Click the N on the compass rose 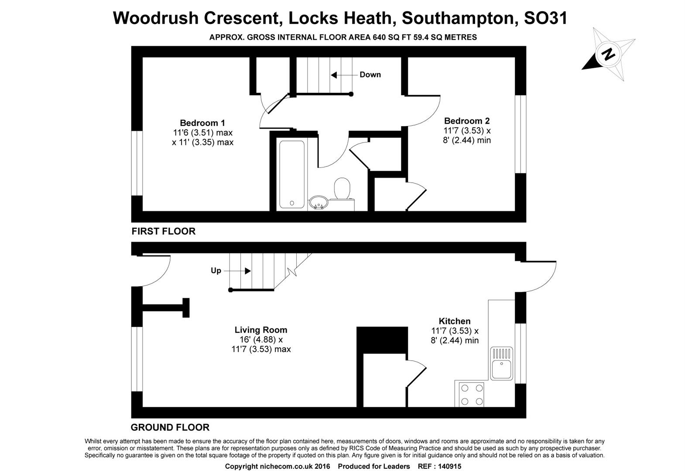(608, 55)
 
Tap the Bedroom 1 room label (202, 123)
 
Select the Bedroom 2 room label (467, 121)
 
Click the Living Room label (261, 330)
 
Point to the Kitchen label (455, 321)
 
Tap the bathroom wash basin (319, 203)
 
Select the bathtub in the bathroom (292, 174)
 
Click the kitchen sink (501, 363)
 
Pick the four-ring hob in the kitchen (472, 395)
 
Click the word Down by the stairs (370, 75)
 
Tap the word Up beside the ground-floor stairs (216, 271)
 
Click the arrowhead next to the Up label (248, 271)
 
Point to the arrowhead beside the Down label (334, 75)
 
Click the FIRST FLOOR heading (164, 232)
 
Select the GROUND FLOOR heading (170, 427)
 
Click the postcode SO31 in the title (546, 18)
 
